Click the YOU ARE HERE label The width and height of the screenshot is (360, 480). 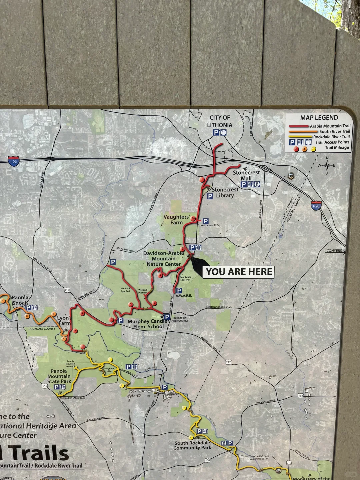[x=239, y=272]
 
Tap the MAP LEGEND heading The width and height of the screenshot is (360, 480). [x=319, y=118]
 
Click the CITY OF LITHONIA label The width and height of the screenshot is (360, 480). [x=220, y=121]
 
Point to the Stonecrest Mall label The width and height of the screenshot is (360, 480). [x=246, y=175]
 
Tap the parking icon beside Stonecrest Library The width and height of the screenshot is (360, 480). [x=210, y=196]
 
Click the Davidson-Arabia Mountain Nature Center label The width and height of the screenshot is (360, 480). [x=164, y=258]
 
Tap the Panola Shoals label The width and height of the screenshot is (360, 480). [x=20, y=300]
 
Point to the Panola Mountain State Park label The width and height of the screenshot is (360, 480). [x=59, y=376]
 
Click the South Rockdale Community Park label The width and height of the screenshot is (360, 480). [x=192, y=445]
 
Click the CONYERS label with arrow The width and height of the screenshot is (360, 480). [x=335, y=251]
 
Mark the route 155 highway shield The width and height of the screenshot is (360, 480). [x=45, y=386]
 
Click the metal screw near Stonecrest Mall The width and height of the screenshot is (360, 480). [x=292, y=175]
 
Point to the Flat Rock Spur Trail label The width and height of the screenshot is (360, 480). [x=126, y=290]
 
